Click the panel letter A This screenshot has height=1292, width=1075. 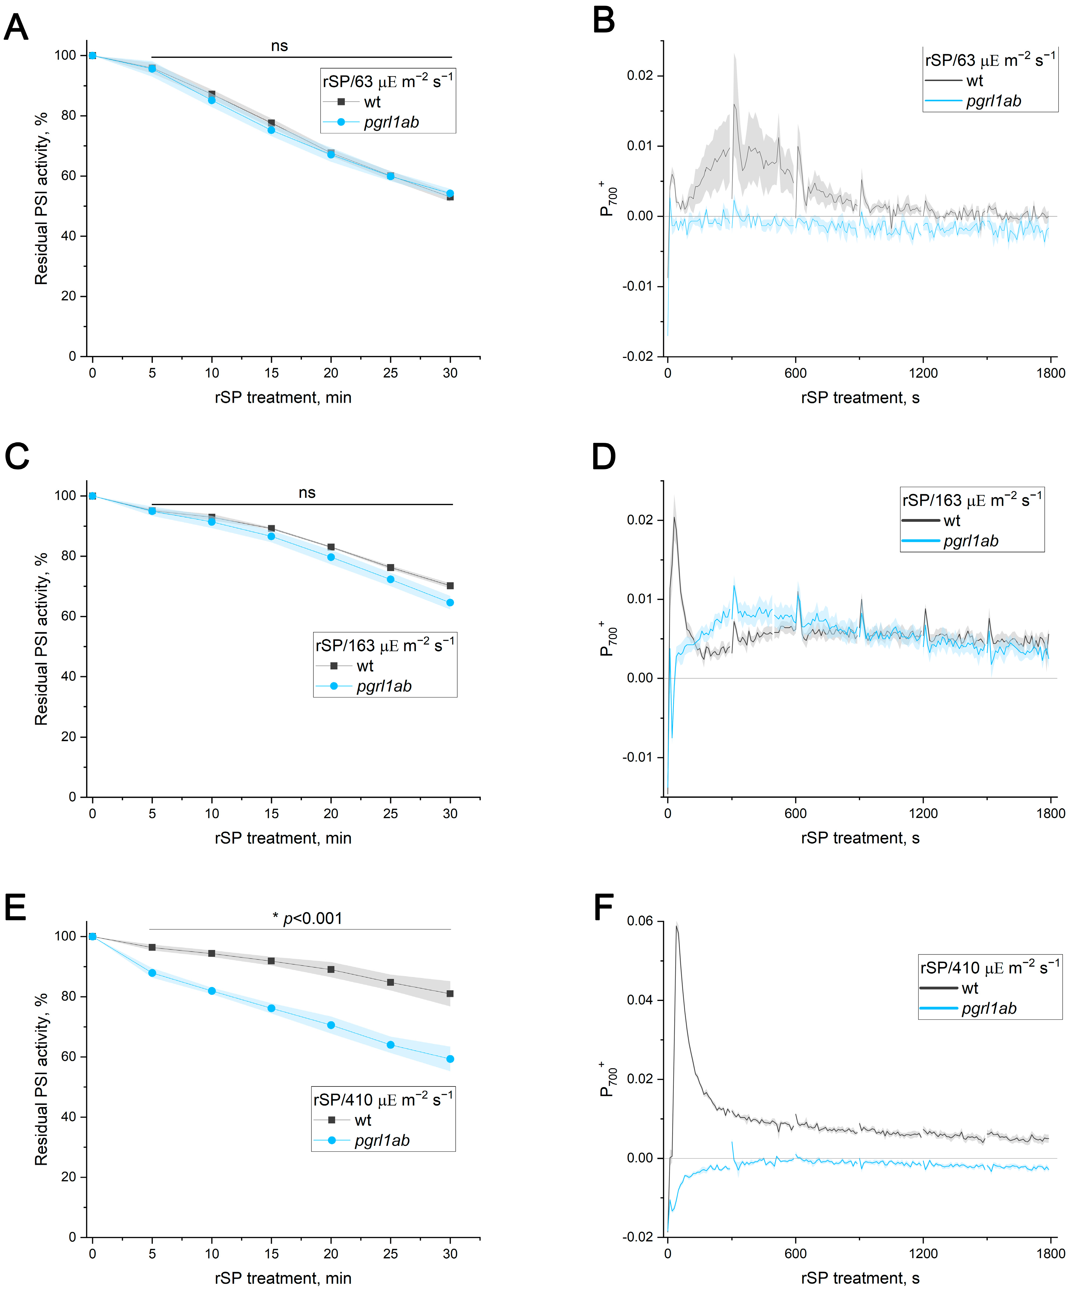[x=17, y=28]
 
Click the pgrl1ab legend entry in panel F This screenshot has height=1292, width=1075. [x=989, y=1008]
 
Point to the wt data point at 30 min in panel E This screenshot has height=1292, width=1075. [x=450, y=994]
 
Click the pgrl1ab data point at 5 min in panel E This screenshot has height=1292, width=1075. [x=152, y=973]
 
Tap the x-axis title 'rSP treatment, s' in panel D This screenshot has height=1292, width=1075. [x=860, y=838]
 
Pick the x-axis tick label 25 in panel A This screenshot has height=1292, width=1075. [x=390, y=373]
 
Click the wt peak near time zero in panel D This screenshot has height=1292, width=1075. [x=675, y=519]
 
